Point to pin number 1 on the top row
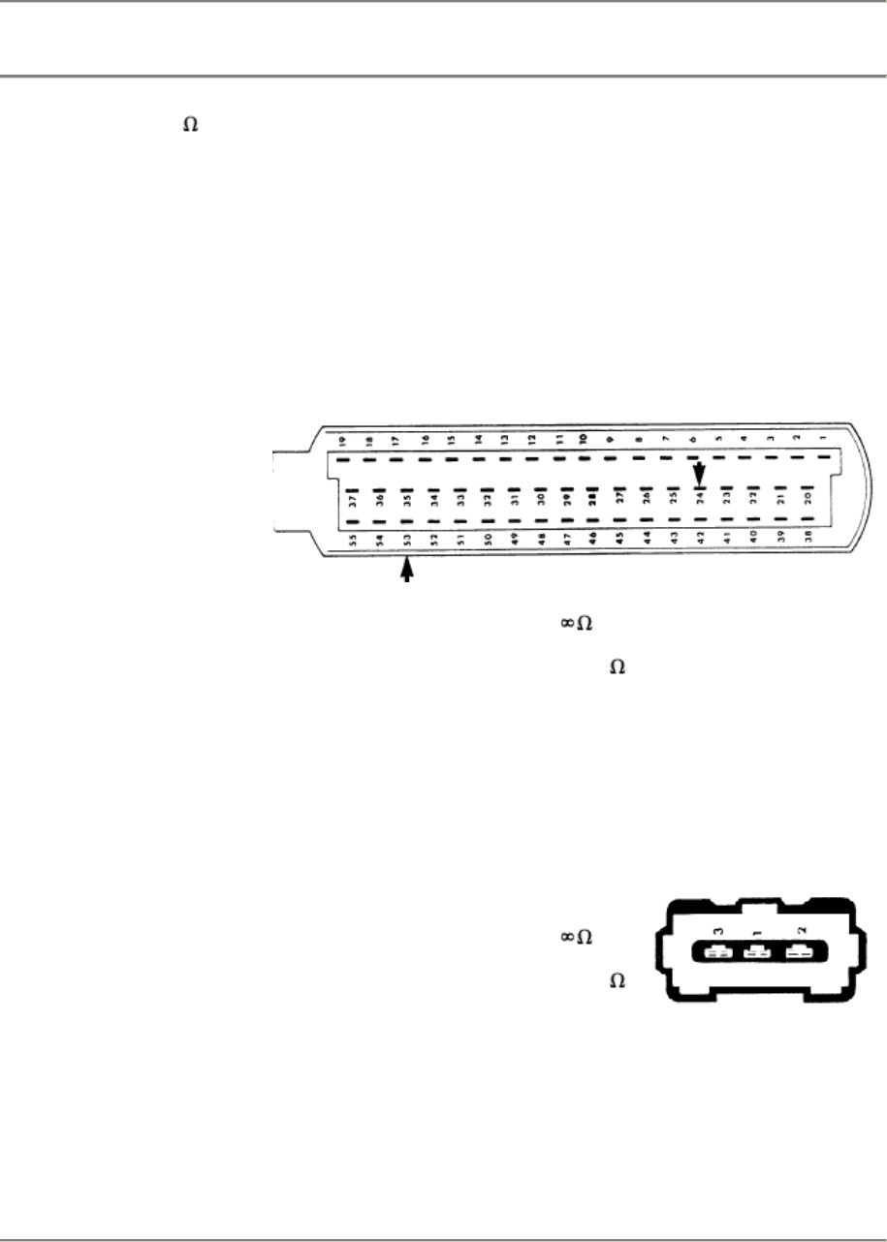pos(823,439)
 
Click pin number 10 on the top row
pos(584,438)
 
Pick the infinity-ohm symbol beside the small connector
pos(577,938)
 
